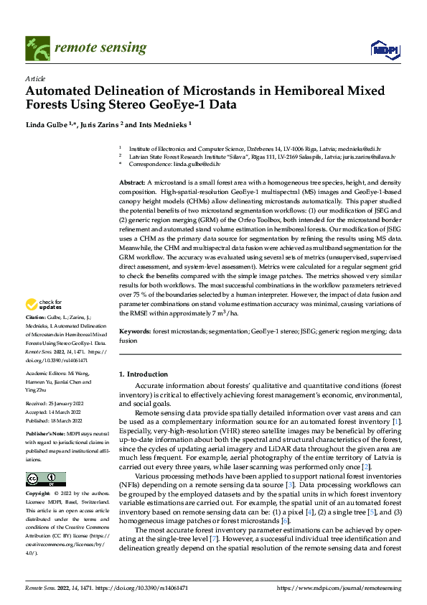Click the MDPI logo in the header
point(384,49)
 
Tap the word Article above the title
point(35,78)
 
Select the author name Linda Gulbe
point(47,124)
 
